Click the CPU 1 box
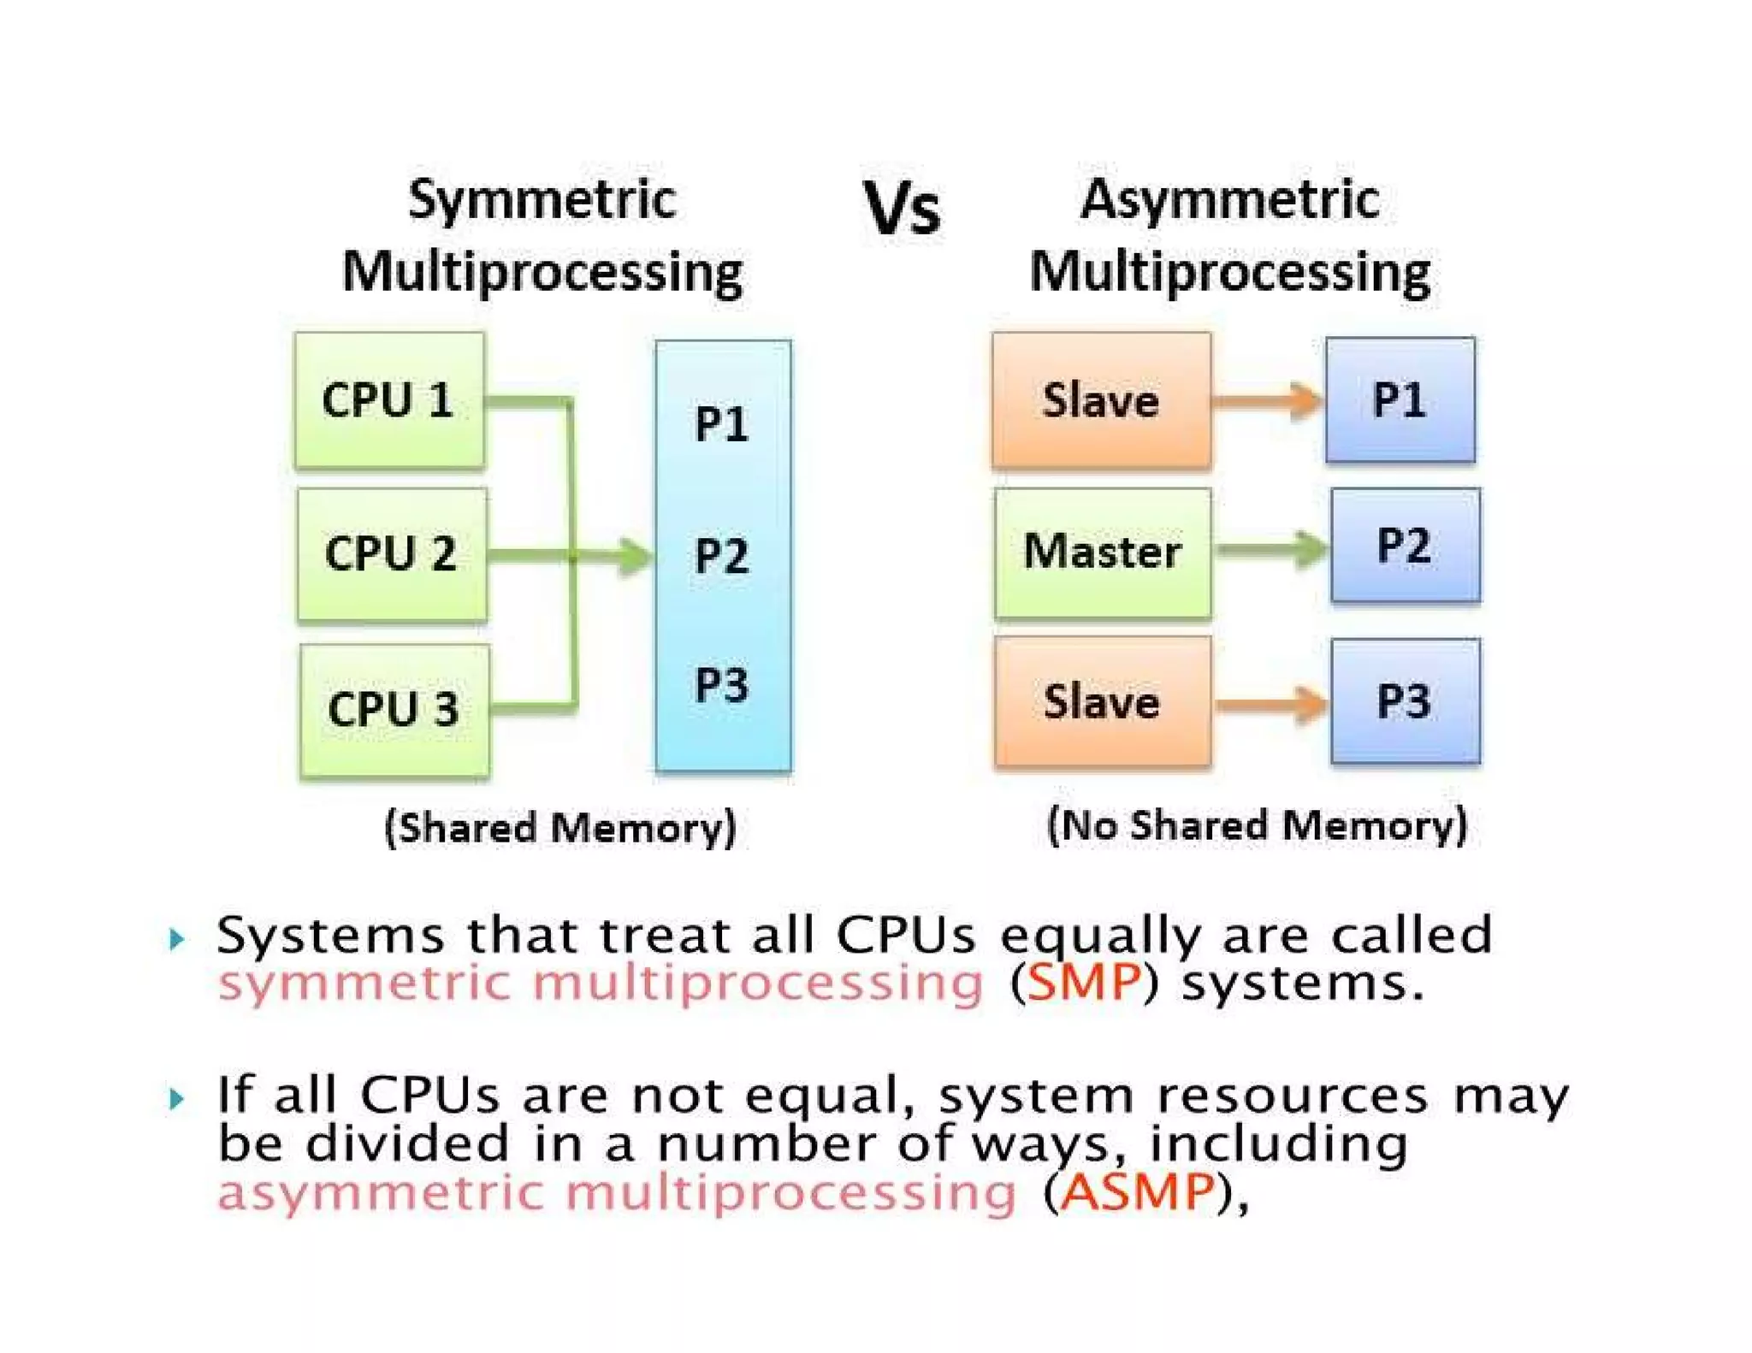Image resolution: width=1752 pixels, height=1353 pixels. pos(389,400)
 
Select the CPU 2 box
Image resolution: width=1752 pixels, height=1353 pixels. pos(392,553)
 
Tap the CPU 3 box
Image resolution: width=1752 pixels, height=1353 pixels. pos(394,709)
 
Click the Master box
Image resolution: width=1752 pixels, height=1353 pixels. pos(1102,552)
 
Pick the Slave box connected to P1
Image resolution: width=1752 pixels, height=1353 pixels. pos(1101,400)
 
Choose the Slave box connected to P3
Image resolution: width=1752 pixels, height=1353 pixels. pos(1102,701)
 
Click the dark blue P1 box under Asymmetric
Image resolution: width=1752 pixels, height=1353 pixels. pos(1400,399)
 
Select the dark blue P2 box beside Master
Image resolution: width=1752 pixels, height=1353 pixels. pos(1405,545)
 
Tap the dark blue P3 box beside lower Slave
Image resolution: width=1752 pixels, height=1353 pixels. pos(1405,700)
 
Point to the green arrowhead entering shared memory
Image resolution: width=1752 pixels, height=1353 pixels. pos(635,557)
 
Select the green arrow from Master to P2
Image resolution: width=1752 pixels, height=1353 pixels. pos(1271,550)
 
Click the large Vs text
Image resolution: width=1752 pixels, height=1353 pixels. pos(902,208)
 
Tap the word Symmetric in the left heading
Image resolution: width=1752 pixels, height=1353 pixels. pos(542,200)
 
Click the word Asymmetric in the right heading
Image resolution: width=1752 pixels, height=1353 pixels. pos(1229,200)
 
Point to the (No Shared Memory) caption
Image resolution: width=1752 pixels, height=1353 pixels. pos(1257,826)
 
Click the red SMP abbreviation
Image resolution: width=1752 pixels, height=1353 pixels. pos(1084,982)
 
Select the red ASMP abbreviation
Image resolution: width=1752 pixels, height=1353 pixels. pos(1138,1191)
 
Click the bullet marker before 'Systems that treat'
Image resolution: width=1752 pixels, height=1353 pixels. pos(176,939)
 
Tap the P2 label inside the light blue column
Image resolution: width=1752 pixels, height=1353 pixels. pos(721,556)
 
